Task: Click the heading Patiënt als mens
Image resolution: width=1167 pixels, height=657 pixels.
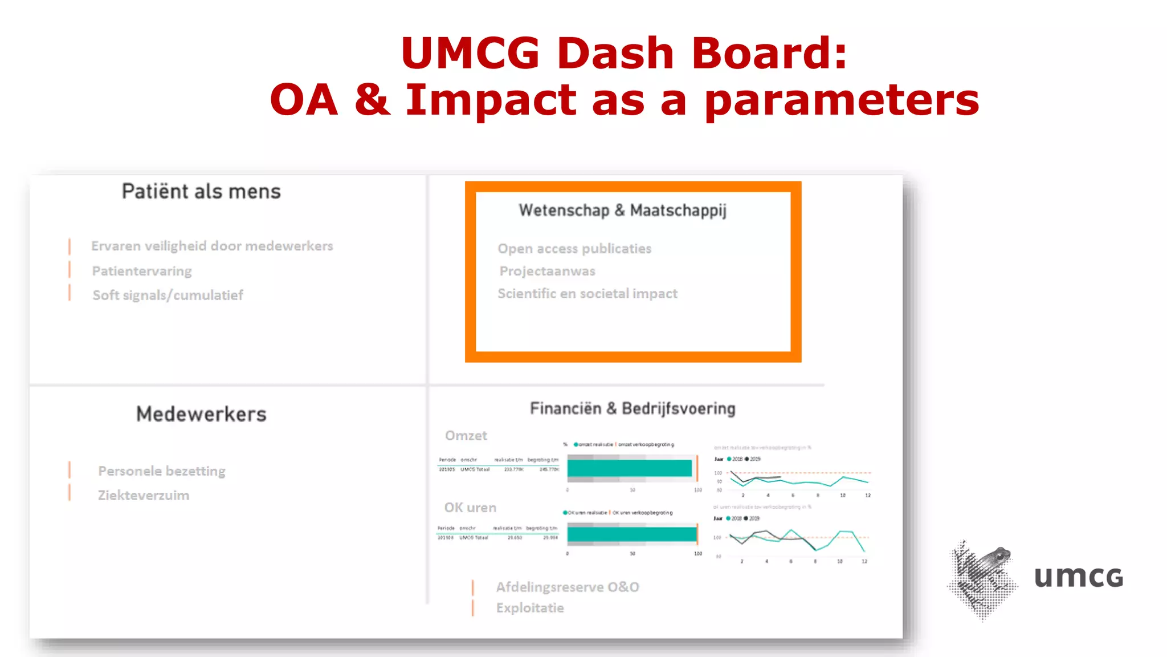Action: click(x=201, y=192)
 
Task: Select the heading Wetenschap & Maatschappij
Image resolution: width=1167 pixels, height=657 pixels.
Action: click(x=622, y=210)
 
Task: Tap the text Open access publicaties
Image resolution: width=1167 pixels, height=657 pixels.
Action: click(x=574, y=249)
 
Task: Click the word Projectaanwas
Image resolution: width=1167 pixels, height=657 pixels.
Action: click(x=547, y=271)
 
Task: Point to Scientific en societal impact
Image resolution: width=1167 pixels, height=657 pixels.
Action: click(x=587, y=294)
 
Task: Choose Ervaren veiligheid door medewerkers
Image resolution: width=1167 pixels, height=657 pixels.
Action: click(x=212, y=246)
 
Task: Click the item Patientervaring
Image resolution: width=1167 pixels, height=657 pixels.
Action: click(x=142, y=271)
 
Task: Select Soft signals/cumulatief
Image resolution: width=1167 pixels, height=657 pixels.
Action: click(x=168, y=295)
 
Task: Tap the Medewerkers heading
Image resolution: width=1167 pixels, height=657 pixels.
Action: click(x=201, y=414)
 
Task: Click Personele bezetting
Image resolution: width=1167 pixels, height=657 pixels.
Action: click(x=162, y=471)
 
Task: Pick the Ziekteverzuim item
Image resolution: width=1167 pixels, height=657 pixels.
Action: click(x=144, y=495)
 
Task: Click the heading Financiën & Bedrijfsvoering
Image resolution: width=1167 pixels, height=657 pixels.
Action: click(x=633, y=409)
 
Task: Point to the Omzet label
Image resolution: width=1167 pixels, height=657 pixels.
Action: click(x=466, y=436)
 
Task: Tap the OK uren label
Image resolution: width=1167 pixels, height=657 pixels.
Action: click(x=470, y=508)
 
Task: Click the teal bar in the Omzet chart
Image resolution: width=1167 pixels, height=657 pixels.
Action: click(x=629, y=468)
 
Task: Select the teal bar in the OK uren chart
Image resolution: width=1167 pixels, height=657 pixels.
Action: click(x=631, y=534)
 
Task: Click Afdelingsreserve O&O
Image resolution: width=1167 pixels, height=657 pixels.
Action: click(x=568, y=587)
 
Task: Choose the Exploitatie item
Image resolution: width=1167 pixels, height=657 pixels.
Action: click(x=530, y=608)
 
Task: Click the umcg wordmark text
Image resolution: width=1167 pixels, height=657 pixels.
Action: click(x=1078, y=577)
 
